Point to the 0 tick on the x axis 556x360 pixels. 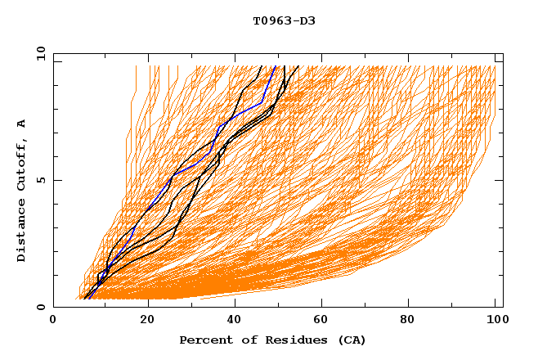53,322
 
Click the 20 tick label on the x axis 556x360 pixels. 148,322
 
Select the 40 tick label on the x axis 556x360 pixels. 236,322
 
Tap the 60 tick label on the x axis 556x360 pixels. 325,322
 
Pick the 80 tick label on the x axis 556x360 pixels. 413,322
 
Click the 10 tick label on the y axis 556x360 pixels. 38,53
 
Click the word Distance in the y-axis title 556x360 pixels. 21,232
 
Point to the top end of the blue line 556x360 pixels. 276,66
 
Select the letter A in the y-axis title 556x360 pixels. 21,124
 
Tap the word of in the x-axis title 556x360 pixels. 241,340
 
